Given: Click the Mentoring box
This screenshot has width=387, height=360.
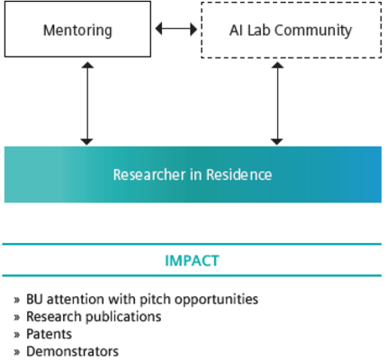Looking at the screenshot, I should (77, 31).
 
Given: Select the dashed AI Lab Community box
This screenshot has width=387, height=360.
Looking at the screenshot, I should (288, 31).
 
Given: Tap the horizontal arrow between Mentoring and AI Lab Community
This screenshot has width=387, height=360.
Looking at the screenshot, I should (175, 30).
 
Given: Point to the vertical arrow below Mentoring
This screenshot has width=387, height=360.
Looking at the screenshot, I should (86, 103).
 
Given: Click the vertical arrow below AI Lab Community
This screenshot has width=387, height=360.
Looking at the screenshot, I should (276, 103).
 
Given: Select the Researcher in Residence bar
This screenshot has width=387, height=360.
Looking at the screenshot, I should (193, 174).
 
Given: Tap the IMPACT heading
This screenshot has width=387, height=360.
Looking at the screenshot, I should (193, 261).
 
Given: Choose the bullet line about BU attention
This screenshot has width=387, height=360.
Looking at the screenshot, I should (135, 299).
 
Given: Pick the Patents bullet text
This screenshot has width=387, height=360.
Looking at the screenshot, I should (50, 334).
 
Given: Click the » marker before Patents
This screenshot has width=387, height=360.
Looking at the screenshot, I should (17, 334).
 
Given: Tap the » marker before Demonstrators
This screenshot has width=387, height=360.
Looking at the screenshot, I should (17, 351).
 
